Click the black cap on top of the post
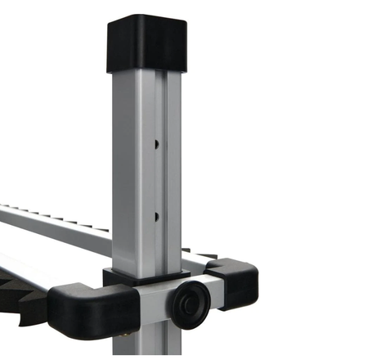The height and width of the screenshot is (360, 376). pyautogui.click(x=146, y=45)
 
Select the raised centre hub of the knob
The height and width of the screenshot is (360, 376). pyautogui.click(x=187, y=302)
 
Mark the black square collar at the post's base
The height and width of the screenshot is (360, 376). pyautogui.click(x=143, y=277)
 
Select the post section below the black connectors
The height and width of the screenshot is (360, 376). pyautogui.click(x=155, y=344)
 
